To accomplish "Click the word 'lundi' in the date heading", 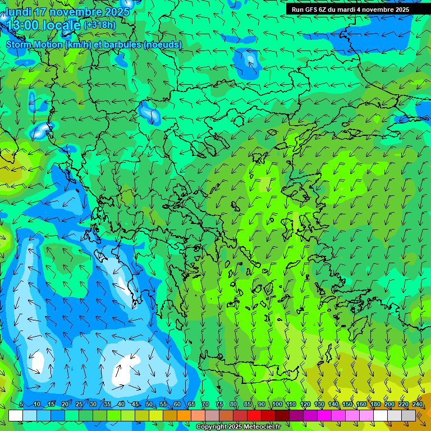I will (x=18, y=12).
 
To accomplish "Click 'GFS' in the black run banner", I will (x=315, y=10).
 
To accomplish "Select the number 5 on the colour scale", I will (x=21, y=404).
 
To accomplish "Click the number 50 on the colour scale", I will (x=149, y=404).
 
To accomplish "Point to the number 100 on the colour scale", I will (x=277, y=404).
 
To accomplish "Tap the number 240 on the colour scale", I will (x=418, y=404).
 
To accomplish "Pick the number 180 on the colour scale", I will (x=375, y=404).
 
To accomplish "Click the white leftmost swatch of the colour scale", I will (x=16, y=415).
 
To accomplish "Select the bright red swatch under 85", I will (x=254, y=415).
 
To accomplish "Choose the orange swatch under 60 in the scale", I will (x=184, y=415).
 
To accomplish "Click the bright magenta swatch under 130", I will (x=324, y=415).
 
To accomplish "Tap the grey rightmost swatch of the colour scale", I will (x=409, y=415).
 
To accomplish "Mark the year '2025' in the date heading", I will (x=116, y=12).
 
